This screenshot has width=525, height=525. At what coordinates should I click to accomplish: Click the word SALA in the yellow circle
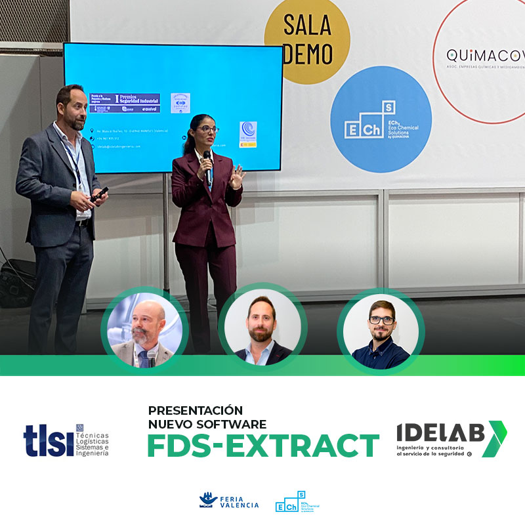(306, 26)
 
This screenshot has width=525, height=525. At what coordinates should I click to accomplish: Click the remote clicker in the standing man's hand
(100, 194)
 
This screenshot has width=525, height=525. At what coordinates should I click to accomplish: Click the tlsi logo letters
(49, 440)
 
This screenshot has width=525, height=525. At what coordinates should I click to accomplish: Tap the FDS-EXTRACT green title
(262, 446)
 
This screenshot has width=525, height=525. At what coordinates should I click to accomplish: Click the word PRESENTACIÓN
(195, 410)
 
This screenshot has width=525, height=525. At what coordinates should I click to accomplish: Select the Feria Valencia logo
(229, 502)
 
